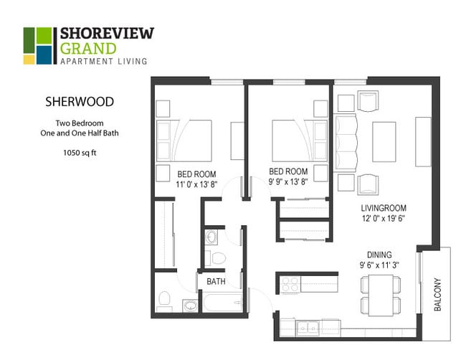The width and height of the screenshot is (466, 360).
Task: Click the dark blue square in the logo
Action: pyautogui.click(x=44, y=54)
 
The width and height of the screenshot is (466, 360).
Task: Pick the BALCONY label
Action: pyautogui.click(x=437, y=294)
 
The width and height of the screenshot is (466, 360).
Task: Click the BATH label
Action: pyautogui.click(x=216, y=282)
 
